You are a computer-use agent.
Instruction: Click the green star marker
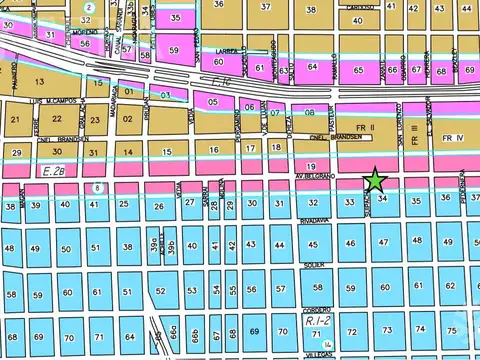(375, 180)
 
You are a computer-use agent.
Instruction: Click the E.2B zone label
(56, 171)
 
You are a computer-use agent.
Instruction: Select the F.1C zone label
(208, 88)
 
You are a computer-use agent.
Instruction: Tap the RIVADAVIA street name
(319, 226)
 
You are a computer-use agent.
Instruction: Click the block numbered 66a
(174, 331)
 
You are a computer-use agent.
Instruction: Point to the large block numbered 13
(41, 81)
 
